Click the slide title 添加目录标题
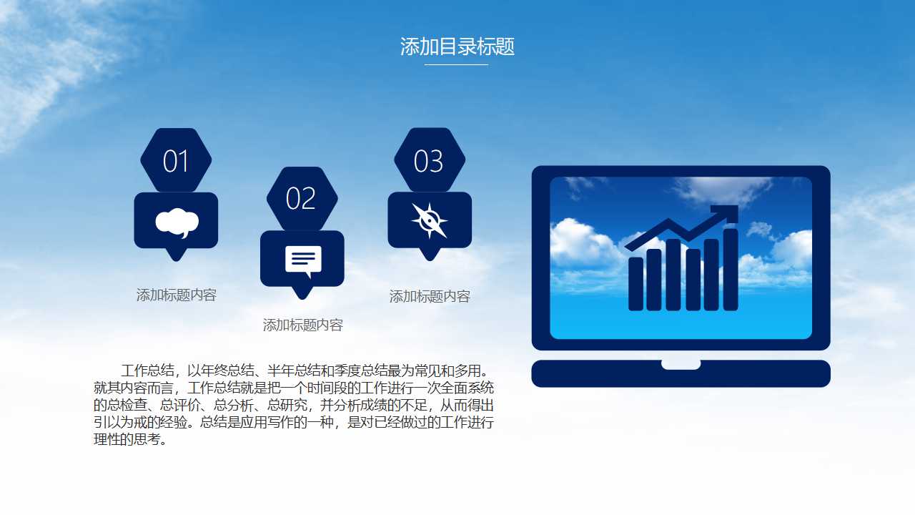click(x=457, y=47)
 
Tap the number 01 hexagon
click(x=176, y=161)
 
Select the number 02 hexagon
click(x=302, y=198)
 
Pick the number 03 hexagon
click(x=429, y=161)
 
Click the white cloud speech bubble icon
click(x=177, y=222)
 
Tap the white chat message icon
click(x=303, y=260)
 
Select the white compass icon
click(x=430, y=220)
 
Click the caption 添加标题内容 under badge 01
click(x=177, y=295)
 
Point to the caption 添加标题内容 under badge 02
click(x=303, y=325)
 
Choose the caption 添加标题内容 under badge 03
click(x=430, y=296)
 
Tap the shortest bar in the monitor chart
click(x=635, y=284)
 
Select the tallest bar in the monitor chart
click(x=731, y=270)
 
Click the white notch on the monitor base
click(x=681, y=365)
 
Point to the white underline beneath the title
click(x=456, y=65)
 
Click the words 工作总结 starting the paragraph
click(x=148, y=371)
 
